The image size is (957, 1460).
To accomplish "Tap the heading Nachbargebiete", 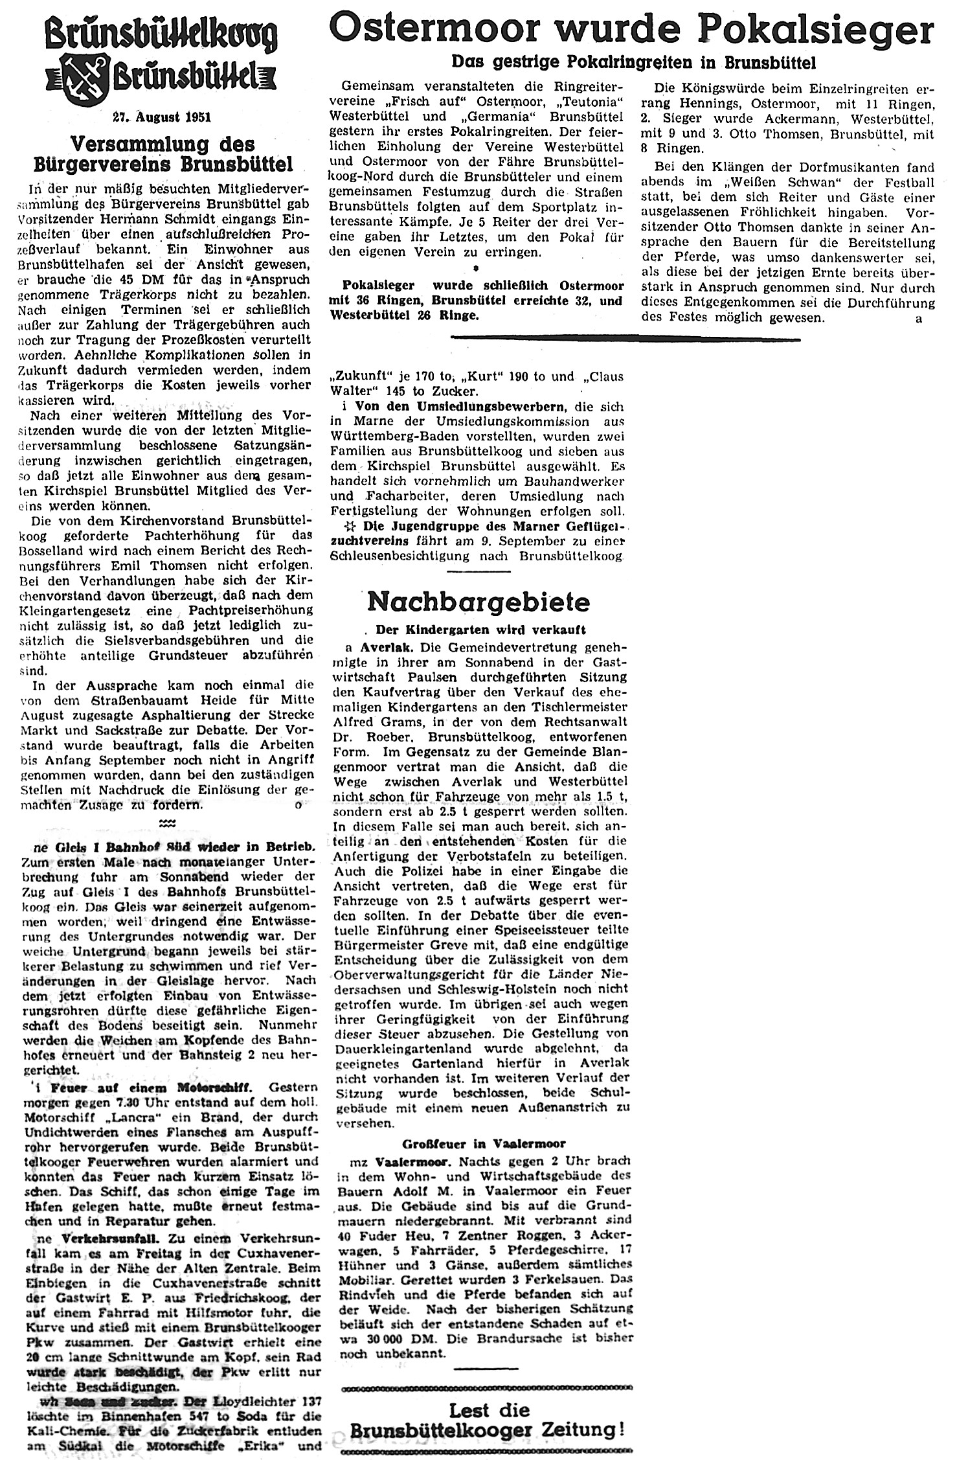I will [x=478, y=602].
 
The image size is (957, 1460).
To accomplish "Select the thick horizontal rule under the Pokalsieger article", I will [x=625, y=338].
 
